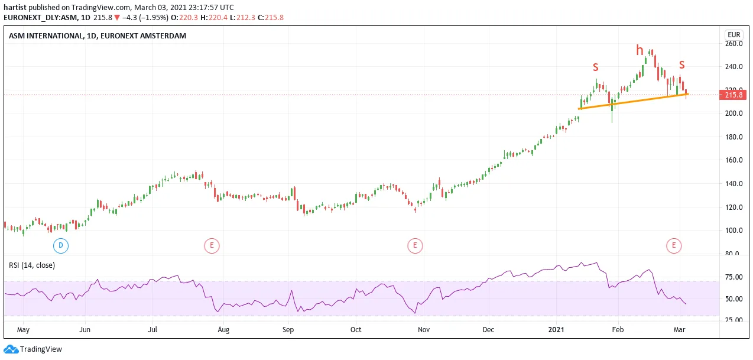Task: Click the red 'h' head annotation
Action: (640, 50)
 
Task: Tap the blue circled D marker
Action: (61, 245)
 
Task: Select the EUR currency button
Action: (733, 35)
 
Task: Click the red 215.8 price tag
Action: (733, 95)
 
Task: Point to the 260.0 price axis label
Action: (734, 43)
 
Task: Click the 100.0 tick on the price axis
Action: (734, 231)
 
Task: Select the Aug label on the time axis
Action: (223, 330)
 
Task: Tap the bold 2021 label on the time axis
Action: (556, 329)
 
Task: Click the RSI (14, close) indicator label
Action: (32, 265)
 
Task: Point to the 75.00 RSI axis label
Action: (734, 277)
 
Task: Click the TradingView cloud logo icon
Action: (11, 349)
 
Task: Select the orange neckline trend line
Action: (633, 102)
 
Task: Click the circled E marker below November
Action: (415, 245)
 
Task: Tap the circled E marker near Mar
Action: (674, 245)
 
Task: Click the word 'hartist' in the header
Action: (15, 7)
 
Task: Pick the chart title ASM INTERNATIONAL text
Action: (46, 35)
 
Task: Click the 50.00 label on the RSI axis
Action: (734, 299)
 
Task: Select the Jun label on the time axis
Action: (85, 330)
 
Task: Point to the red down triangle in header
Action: (117, 18)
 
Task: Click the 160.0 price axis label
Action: (734, 160)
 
